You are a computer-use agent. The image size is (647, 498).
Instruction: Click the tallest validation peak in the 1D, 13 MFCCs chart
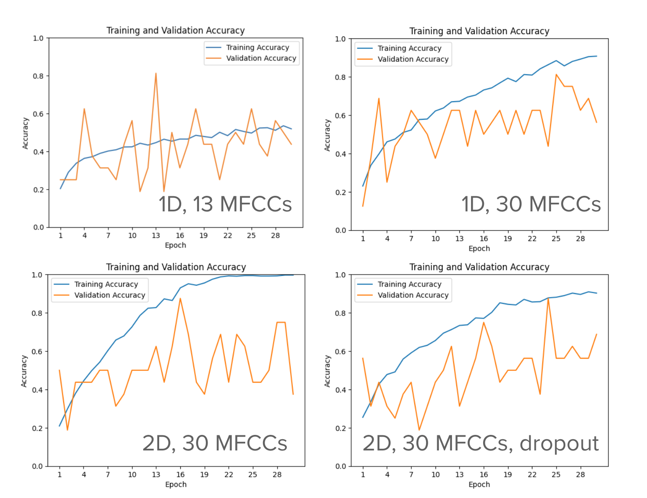tap(156, 73)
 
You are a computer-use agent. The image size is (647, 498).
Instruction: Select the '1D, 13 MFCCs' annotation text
tap(225, 204)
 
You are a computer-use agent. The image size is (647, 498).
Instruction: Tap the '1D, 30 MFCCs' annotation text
tap(531, 204)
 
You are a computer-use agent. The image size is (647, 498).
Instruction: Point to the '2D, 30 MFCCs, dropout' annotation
tap(480, 443)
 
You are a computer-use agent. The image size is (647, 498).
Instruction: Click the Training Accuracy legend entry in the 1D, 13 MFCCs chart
tap(257, 48)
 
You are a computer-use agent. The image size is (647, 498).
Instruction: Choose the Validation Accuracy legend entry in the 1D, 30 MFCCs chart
tap(413, 59)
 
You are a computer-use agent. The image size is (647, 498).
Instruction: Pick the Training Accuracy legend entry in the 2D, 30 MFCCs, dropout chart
tap(409, 284)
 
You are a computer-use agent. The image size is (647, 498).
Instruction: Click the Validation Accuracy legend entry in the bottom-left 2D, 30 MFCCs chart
tap(109, 295)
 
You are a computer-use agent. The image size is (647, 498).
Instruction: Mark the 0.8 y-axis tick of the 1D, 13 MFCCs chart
tap(38, 76)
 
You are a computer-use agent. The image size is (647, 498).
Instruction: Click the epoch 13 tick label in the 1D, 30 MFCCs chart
tap(459, 239)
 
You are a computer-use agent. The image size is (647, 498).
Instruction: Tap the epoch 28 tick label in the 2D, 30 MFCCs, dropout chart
tap(580, 475)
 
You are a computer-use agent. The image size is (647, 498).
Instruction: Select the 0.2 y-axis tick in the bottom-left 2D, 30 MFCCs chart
tap(37, 428)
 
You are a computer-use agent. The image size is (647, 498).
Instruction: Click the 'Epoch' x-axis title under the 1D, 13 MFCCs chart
tap(175, 245)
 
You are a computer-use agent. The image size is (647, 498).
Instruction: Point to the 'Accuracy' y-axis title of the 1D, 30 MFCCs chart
tap(327, 135)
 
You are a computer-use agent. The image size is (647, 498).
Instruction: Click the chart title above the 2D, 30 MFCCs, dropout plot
tap(479, 267)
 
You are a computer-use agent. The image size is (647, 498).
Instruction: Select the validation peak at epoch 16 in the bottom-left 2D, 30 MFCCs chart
tap(180, 298)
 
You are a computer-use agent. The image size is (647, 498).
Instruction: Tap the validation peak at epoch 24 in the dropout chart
tap(548, 298)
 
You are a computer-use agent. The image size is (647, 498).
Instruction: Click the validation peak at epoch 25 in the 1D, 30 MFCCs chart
tap(556, 75)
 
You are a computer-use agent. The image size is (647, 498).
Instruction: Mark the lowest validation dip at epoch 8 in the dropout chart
tap(419, 430)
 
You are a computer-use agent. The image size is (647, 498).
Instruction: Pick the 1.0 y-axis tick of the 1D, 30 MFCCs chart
tap(341, 39)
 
